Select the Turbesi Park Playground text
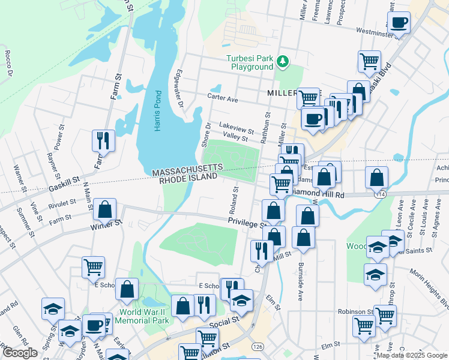[x=249, y=62]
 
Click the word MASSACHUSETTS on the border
[x=187, y=173]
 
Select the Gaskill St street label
[x=64, y=181]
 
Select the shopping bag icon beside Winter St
[x=105, y=211]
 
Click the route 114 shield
[x=379, y=194]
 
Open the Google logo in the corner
[x=20, y=353]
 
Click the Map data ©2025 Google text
[x=411, y=355]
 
